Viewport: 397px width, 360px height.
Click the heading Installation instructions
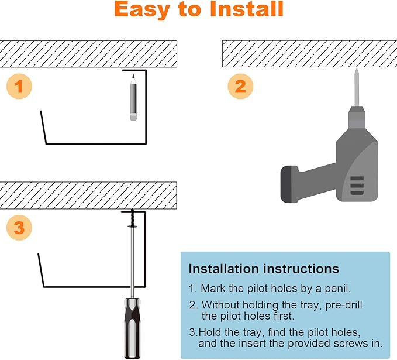click(x=263, y=269)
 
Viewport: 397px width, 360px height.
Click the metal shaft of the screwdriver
click(x=133, y=263)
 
